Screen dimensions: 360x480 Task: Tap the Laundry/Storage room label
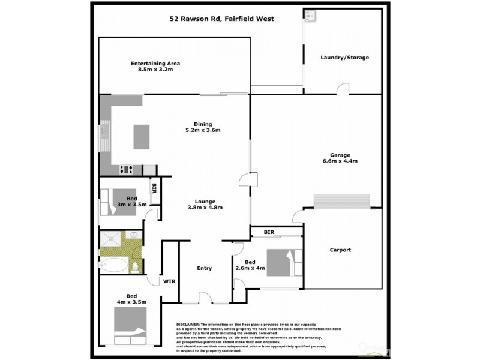click(x=344, y=58)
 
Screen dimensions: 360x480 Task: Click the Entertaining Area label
click(x=155, y=64)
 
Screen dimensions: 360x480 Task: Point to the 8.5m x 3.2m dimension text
click(x=155, y=70)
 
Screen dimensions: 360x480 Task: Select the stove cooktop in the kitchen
click(x=126, y=169)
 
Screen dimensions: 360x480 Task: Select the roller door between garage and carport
click(x=341, y=201)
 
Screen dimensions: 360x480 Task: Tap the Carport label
click(x=340, y=250)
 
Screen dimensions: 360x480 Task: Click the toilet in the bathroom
click(x=136, y=266)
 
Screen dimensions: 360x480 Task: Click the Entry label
click(x=204, y=268)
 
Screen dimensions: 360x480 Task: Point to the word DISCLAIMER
click(x=191, y=323)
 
